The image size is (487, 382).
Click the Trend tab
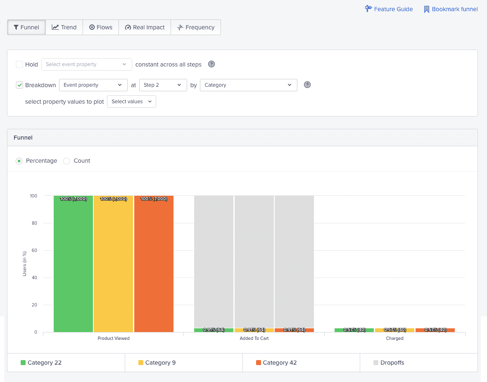coord(64,27)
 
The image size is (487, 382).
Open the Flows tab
coord(100,27)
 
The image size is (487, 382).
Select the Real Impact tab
coord(145,27)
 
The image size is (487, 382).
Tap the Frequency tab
coord(196,27)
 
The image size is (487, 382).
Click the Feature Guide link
coord(389,9)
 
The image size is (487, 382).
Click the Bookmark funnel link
coord(451,9)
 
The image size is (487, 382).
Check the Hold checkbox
coord(19,64)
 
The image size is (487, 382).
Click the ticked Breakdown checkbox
coord(19,85)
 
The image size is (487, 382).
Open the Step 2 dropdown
coord(163,85)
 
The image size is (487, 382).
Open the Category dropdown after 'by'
coord(248,85)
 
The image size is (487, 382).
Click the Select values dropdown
coord(131,102)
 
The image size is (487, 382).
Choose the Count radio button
coord(67,161)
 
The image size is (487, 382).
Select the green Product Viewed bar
coord(73,264)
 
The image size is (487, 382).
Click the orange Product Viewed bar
coord(154,264)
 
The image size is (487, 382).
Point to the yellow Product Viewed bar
coord(113,264)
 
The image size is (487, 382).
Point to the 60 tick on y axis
coord(35,250)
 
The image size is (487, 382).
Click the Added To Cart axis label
coord(254,338)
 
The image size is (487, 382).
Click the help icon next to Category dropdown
coord(307,85)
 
